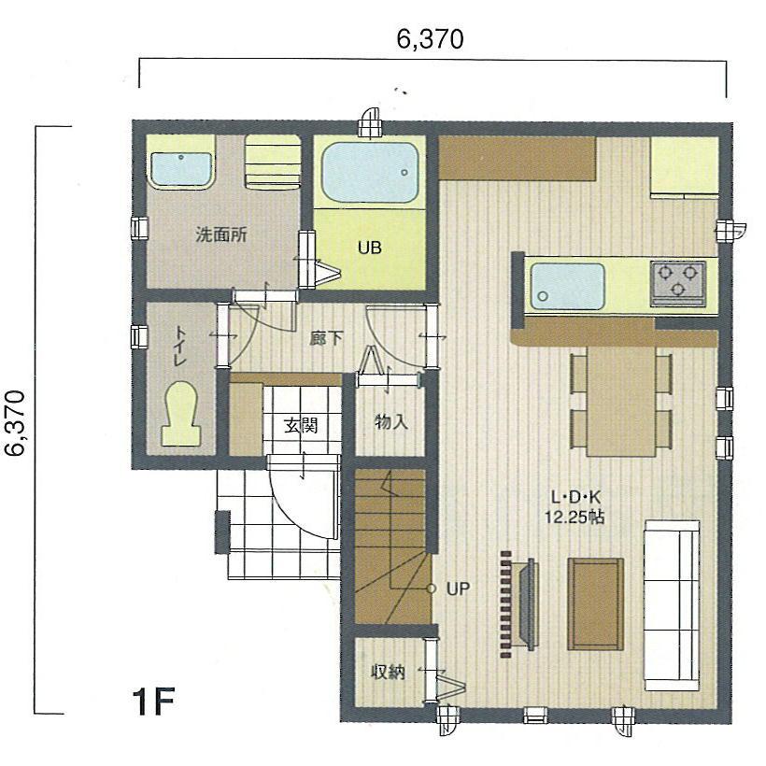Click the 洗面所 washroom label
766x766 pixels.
pyautogui.click(x=220, y=234)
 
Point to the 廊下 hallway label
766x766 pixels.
pyautogui.click(x=325, y=338)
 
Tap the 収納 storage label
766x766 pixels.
pyautogui.click(x=388, y=671)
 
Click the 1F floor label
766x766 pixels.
pyautogui.click(x=153, y=700)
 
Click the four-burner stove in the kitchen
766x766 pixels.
pyautogui.click(x=678, y=283)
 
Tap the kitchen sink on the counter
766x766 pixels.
pyautogui.click(x=567, y=285)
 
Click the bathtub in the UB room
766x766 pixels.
pyautogui.click(x=368, y=171)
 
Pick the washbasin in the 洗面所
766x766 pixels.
pyautogui.click(x=181, y=170)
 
